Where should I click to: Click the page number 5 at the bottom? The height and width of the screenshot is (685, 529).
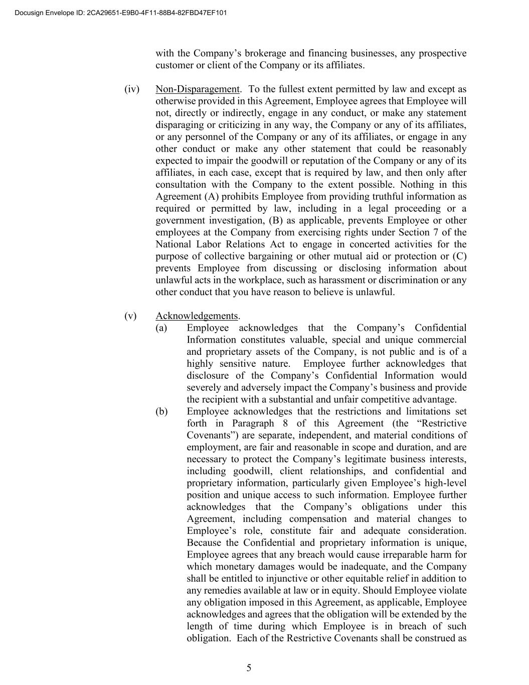(249, 668)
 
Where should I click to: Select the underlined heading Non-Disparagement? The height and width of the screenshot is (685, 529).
(198, 89)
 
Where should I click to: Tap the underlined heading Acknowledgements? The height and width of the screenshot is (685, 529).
(197, 316)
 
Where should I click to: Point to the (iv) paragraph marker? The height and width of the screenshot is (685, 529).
(132, 89)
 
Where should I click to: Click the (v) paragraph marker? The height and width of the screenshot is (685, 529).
(130, 316)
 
